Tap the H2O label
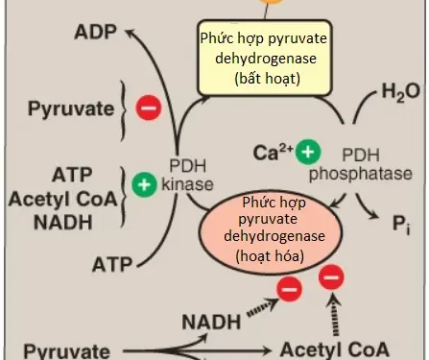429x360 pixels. [x=399, y=93]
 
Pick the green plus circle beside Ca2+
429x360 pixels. [x=308, y=152]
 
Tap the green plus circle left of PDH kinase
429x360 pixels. [x=144, y=183]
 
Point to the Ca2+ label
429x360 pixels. [x=273, y=152]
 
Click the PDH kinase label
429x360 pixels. [x=188, y=174]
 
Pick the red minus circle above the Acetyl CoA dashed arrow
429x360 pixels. [x=329, y=277]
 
